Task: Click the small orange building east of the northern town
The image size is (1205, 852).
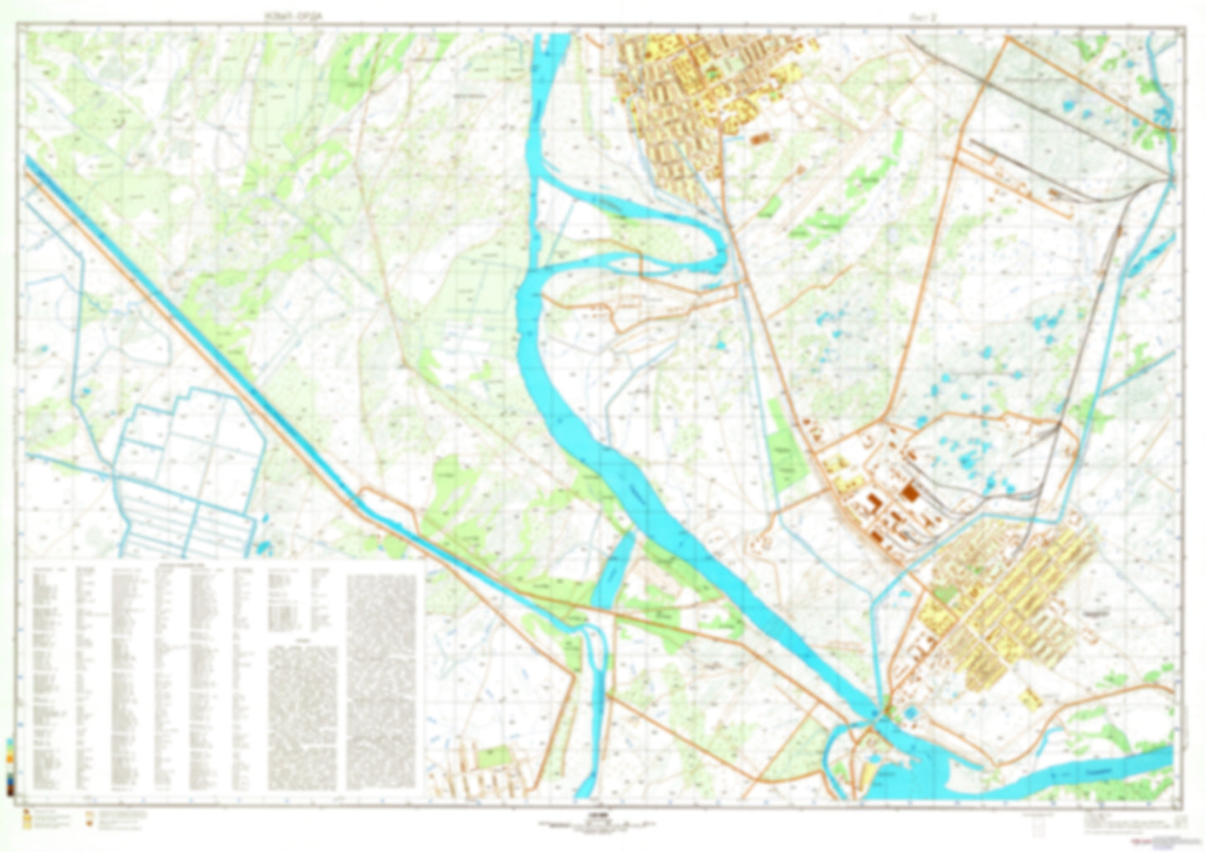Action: [x=760, y=139]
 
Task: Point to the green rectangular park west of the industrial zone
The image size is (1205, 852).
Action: [x=783, y=455]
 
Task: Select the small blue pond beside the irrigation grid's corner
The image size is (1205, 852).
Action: [x=264, y=548]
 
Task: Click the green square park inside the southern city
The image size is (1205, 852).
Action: [x=943, y=594]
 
